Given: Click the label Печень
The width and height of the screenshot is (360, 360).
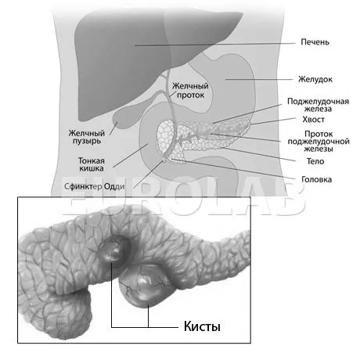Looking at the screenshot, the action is tap(315, 42).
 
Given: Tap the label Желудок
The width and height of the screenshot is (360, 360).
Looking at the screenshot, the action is tap(315, 79).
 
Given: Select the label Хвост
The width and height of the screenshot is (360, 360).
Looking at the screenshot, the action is tap(314, 120).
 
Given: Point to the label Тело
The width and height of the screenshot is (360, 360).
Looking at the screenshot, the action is tap(315, 161).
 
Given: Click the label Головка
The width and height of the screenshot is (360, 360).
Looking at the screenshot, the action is tap(317, 179).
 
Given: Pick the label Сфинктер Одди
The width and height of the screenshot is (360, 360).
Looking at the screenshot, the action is tap(95, 186).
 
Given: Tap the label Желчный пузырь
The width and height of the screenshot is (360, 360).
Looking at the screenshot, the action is tap(87, 137).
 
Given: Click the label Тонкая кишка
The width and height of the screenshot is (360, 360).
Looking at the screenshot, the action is tap(92, 164).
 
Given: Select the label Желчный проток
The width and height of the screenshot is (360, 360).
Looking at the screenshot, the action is tap(190, 90).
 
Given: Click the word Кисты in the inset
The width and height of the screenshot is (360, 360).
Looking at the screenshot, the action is tap(202, 326).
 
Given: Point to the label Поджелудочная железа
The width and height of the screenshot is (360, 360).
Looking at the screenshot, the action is tap(318, 105).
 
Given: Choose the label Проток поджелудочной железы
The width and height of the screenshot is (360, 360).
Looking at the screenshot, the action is tap(319, 142).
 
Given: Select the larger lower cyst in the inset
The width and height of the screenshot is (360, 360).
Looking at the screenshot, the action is tap(144, 286).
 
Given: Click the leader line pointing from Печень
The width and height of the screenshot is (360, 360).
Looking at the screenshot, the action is tap(215, 45).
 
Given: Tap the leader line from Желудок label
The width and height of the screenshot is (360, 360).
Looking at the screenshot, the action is tap(259, 79).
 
